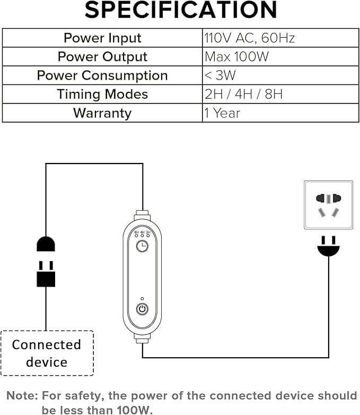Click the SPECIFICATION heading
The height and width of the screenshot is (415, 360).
click(180, 11)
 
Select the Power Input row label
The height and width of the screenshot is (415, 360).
click(102, 38)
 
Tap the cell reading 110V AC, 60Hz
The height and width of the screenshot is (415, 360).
click(250, 38)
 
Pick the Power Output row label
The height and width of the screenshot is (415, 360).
click(102, 57)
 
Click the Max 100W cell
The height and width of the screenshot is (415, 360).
click(237, 57)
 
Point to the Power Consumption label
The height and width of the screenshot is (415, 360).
click(102, 75)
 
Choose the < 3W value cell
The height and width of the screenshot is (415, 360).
click(220, 75)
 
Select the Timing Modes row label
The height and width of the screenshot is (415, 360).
click(102, 94)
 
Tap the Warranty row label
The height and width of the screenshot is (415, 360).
click(102, 113)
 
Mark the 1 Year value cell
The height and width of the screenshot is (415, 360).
click(223, 113)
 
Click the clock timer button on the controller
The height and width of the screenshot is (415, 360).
click(142, 246)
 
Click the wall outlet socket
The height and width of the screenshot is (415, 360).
click(328, 205)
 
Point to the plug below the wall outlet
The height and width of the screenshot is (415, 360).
click(328, 248)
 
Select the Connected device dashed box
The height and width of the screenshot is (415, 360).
click(47, 353)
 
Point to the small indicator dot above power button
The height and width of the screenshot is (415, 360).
click(142, 298)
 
